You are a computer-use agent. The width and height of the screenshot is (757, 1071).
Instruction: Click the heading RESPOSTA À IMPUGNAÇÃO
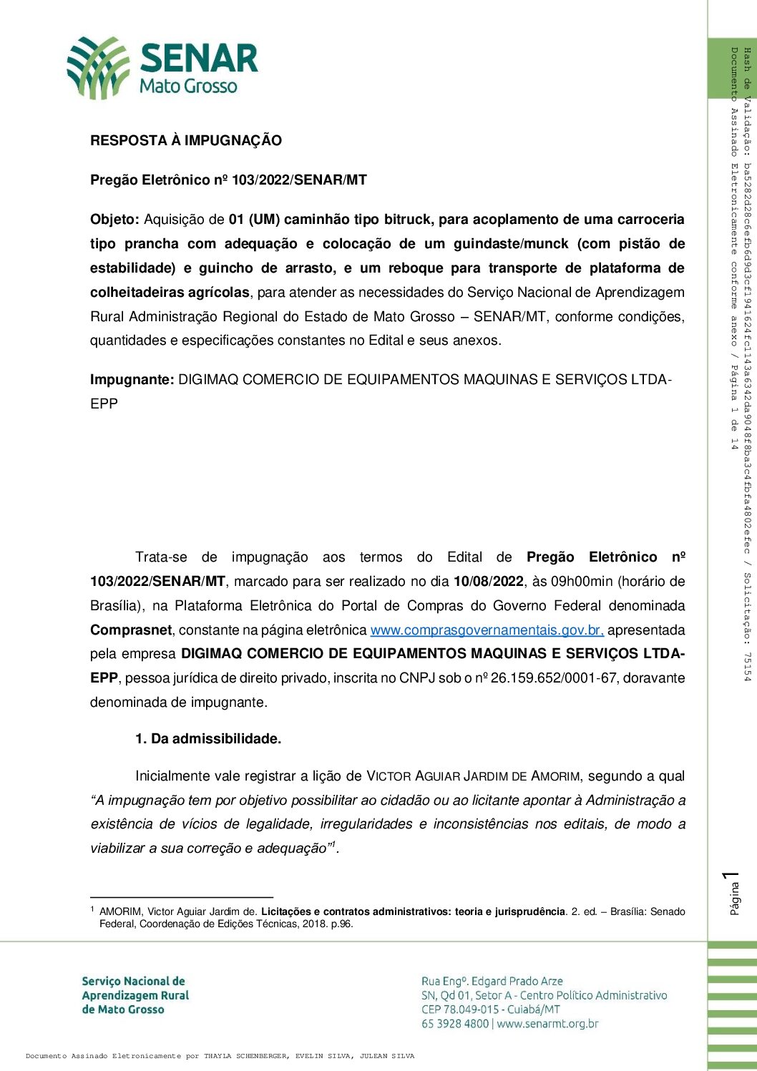(x=185, y=140)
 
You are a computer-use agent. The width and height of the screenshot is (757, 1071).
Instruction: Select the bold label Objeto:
(x=114, y=219)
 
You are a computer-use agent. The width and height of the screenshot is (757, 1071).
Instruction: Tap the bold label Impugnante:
(x=132, y=379)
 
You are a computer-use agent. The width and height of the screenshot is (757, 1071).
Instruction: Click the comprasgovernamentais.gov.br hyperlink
(x=487, y=630)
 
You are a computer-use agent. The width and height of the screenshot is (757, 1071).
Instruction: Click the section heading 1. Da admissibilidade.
(x=208, y=739)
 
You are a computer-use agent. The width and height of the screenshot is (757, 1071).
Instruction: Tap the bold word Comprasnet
(x=131, y=630)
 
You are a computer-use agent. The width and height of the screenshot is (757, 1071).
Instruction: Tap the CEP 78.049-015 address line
(x=490, y=1009)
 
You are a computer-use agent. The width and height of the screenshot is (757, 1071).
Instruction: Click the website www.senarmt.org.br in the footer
(x=547, y=1024)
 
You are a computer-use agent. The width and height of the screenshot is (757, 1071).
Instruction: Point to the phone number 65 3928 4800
(x=455, y=1024)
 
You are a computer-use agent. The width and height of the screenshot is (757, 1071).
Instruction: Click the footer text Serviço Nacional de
(x=133, y=981)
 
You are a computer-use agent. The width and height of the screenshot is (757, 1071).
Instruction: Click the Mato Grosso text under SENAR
(x=188, y=87)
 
